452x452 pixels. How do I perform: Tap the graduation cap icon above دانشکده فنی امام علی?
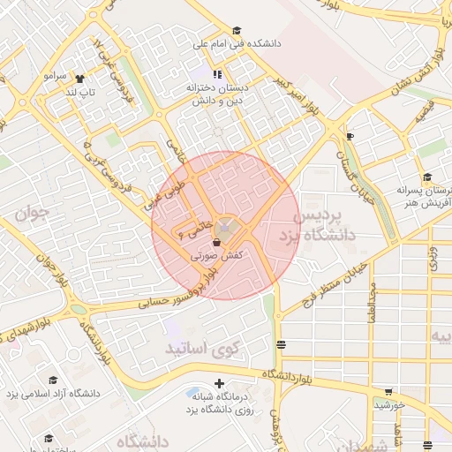pyautogui.click(x=237, y=30)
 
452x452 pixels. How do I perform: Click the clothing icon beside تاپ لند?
pyautogui.click(x=81, y=78)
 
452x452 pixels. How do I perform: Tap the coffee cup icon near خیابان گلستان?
pyautogui.click(x=350, y=136)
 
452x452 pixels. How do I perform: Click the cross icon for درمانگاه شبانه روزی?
pyautogui.click(x=219, y=384)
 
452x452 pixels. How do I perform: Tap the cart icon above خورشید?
pyautogui.click(x=389, y=391)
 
